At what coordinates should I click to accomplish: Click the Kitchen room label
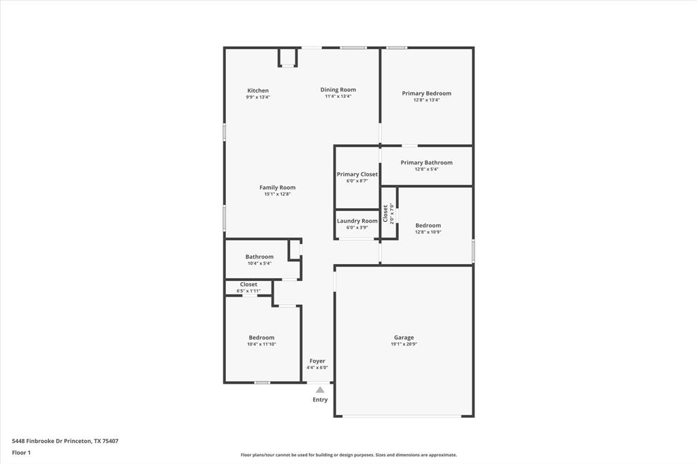(258, 90)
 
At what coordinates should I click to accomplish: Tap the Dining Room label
(338, 90)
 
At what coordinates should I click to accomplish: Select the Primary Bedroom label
(427, 93)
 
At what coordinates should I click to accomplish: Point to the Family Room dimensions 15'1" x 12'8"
(278, 195)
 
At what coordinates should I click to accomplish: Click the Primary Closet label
(357, 174)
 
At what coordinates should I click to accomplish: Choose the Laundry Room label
(357, 220)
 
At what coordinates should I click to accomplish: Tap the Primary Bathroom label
(427, 163)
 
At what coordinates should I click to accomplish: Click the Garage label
(404, 337)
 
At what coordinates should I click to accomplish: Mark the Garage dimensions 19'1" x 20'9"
(404, 344)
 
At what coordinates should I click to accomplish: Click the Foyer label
(317, 361)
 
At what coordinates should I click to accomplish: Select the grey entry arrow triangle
(320, 390)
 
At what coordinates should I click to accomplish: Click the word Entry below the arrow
(320, 400)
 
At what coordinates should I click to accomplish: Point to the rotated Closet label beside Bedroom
(385, 214)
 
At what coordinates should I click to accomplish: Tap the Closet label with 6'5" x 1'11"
(248, 284)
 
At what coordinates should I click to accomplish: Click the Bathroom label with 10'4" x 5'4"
(259, 256)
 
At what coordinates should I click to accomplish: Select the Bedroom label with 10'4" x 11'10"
(261, 337)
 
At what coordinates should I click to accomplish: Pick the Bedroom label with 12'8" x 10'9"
(428, 225)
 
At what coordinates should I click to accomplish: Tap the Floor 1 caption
(21, 452)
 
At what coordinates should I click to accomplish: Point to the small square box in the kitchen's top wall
(288, 57)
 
